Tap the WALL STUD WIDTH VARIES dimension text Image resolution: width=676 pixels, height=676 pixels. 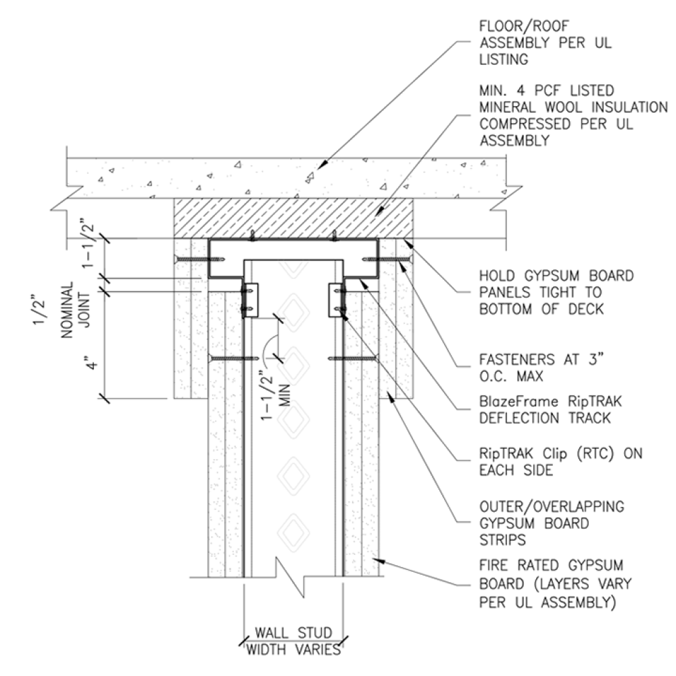(x=293, y=642)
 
